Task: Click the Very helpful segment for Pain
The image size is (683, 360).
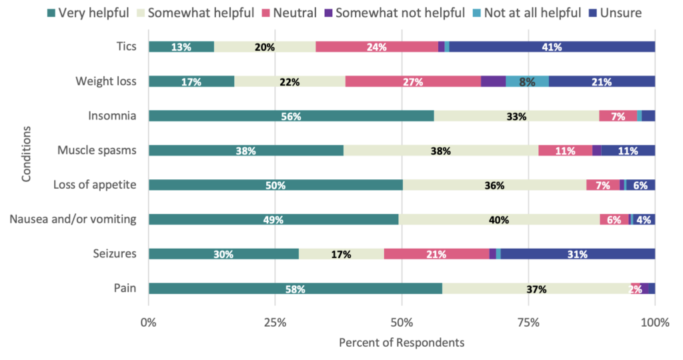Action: tap(295, 289)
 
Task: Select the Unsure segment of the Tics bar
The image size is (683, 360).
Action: tap(552, 47)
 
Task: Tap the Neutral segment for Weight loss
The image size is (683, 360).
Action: tap(413, 81)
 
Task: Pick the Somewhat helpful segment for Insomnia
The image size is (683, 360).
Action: tap(516, 116)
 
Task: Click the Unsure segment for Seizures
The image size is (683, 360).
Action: tap(578, 254)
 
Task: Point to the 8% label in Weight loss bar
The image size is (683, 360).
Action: tap(527, 81)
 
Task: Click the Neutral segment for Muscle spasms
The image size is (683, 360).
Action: tap(565, 151)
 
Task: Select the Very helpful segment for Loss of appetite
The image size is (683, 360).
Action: tap(275, 185)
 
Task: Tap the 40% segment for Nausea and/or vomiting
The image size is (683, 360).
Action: tap(499, 219)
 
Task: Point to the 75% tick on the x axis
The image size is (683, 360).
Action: tap(528, 323)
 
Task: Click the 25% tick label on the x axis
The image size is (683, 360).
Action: tap(275, 323)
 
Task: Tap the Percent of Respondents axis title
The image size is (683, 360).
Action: tap(402, 343)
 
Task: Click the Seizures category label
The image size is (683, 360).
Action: tap(116, 254)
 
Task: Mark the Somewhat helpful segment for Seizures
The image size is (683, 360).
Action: tap(341, 254)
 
